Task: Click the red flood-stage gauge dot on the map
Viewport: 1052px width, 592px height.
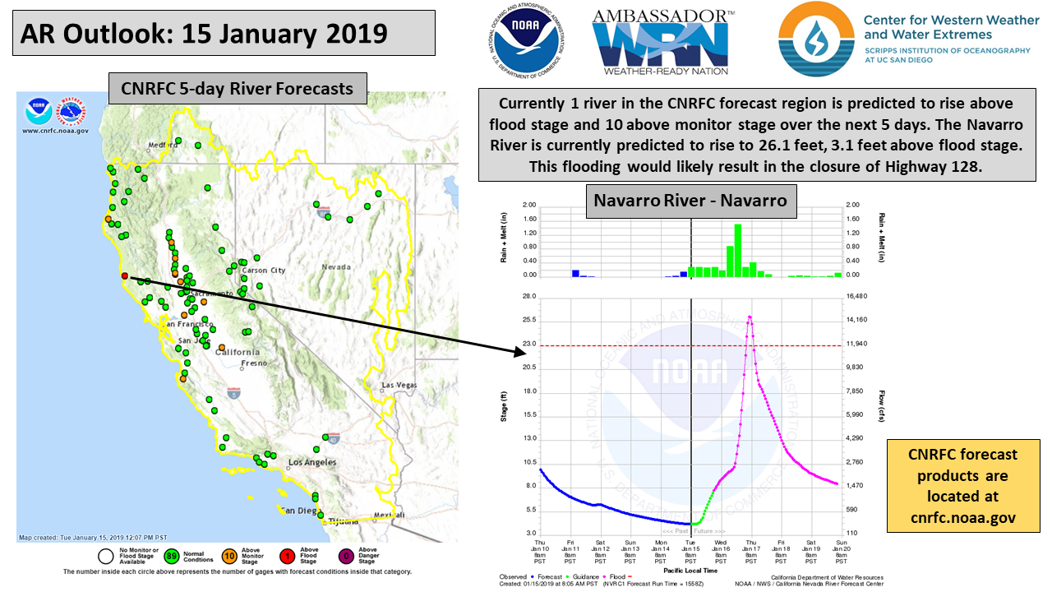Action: point(124,276)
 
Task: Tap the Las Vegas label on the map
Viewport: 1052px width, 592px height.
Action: point(399,385)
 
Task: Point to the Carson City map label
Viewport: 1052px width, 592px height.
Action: point(263,270)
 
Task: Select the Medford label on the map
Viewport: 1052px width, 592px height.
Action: point(162,146)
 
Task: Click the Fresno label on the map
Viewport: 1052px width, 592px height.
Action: point(254,363)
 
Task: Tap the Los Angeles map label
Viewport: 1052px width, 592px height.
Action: point(312,462)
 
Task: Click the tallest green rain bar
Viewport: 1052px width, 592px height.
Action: point(737,250)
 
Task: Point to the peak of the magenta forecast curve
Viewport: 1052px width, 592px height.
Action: point(749,317)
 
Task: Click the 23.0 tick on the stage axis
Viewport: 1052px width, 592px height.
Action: point(529,344)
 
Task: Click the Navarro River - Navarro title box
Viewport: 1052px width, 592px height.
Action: point(690,201)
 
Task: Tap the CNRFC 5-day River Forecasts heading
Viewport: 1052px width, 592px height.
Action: point(237,88)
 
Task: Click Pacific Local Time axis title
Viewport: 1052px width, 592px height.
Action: point(690,569)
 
